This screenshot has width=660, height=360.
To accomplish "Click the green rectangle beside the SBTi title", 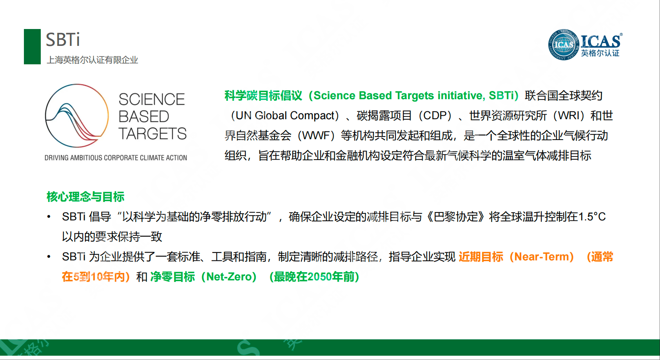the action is [x=32, y=47].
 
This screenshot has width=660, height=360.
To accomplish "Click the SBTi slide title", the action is [x=63, y=40].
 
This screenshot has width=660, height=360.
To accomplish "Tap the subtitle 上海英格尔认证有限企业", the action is [x=92, y=60].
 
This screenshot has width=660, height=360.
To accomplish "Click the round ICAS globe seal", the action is [x=563, y=45].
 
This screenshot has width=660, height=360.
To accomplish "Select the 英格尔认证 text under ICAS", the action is [x=600, y=53].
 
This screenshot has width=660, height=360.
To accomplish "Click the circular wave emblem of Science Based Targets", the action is [x=76, y=116].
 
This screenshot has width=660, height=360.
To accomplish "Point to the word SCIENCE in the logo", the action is [x=151, y=99].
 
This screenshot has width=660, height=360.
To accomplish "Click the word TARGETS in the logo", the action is [x=152, y=134].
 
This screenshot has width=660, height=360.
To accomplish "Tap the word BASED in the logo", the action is [x=144, y=116].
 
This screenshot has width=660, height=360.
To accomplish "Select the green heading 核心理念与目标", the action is [x=85, y=196].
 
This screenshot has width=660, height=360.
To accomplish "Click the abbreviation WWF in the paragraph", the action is [x=315, y=136].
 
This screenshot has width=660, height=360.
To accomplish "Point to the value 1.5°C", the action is [x=592, y=217].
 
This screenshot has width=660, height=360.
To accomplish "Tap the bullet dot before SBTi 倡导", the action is [x=49, y=217].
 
